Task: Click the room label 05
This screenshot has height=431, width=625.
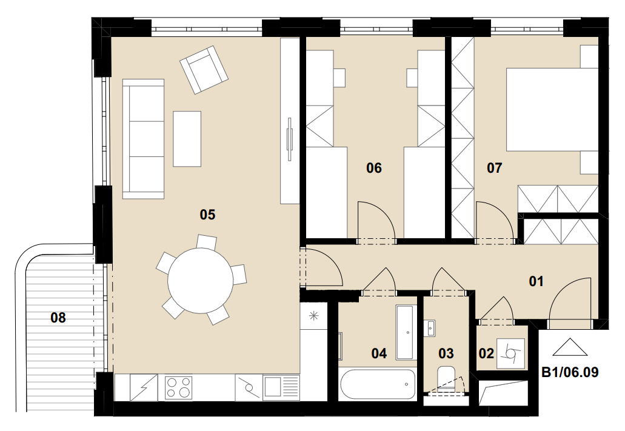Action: [x=207, y=215]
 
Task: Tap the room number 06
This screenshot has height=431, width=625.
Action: [x=374, y=168]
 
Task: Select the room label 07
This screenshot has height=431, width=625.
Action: [x=494, y=168]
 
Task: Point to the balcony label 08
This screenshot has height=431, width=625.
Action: [x=58, y=318]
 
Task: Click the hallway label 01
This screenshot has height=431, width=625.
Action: [x=536, y=281]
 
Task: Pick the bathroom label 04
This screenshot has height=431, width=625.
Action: [x=379, y=353]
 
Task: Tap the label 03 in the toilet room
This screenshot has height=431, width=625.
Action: [x=446, y=353]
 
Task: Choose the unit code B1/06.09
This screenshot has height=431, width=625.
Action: [x=570, y=372]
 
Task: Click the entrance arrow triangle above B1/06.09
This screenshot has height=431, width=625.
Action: [x=570, y=347]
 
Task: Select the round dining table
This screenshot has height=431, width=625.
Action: [x=200, y=281]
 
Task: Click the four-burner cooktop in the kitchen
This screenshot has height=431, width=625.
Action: [x=178, y=387]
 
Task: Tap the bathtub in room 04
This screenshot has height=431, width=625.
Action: [x=377, y=384]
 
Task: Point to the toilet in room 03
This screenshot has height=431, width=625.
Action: [x=446, y=378]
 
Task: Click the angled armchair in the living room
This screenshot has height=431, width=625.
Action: [x=204, y=70]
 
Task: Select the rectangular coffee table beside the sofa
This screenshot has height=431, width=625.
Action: [x=187, y=139]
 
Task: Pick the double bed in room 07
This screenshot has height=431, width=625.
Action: [x=552, y=110]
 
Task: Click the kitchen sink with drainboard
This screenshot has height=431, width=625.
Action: [x=281, y=387]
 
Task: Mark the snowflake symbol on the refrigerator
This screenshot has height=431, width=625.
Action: [x=314, y=316]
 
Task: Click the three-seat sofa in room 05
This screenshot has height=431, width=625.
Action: [x=144, y=139]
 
